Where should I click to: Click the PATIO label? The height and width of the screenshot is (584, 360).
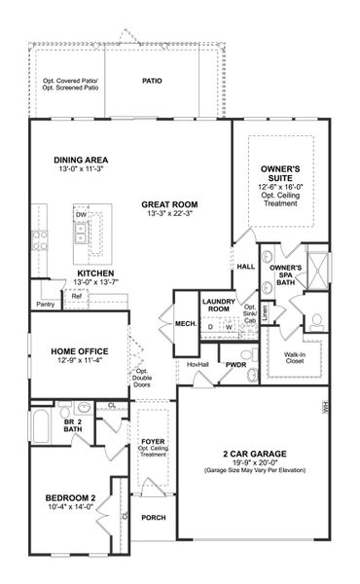152,82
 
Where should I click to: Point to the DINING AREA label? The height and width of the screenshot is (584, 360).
82,160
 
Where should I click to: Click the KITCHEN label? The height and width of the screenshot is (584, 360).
96,274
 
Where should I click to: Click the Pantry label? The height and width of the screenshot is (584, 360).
44,305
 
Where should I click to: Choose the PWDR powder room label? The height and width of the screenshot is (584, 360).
236,366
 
